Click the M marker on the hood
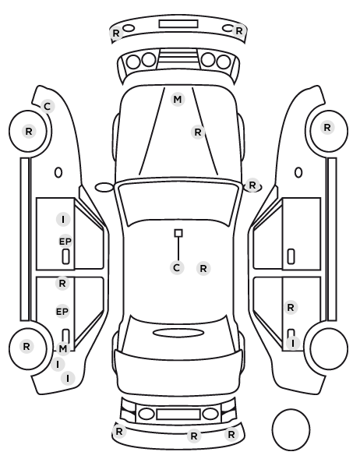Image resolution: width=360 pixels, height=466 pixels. coord(178,99)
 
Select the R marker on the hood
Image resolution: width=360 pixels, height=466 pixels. coord(198,132)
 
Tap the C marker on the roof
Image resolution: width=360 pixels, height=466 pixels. coord(177,268)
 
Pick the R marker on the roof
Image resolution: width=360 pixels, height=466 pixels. coord(203,268)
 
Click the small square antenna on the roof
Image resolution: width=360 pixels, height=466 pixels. coord(178,233)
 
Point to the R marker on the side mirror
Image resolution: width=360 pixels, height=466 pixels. coord(252,185)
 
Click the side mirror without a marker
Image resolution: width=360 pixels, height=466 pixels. coord(104,188)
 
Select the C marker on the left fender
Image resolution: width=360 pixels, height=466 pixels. coord(48,107)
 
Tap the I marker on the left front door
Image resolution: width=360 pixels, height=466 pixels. coord(63,220)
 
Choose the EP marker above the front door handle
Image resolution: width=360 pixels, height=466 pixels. coord(65,242)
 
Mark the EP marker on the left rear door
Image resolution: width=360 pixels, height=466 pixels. coord(62,312)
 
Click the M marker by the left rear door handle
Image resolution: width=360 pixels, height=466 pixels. coord(62,348)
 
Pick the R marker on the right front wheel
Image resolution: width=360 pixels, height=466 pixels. coord(327,128)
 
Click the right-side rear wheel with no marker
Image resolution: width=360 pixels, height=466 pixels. coord(329,348)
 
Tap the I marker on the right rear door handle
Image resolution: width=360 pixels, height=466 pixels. coord(293,343)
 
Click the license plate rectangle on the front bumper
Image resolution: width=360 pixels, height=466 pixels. coord(178,24)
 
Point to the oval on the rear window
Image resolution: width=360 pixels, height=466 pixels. coord(178,333)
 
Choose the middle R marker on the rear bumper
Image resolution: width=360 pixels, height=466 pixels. coord(194,436)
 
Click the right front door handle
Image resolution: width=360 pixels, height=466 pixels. coord(291,256)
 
